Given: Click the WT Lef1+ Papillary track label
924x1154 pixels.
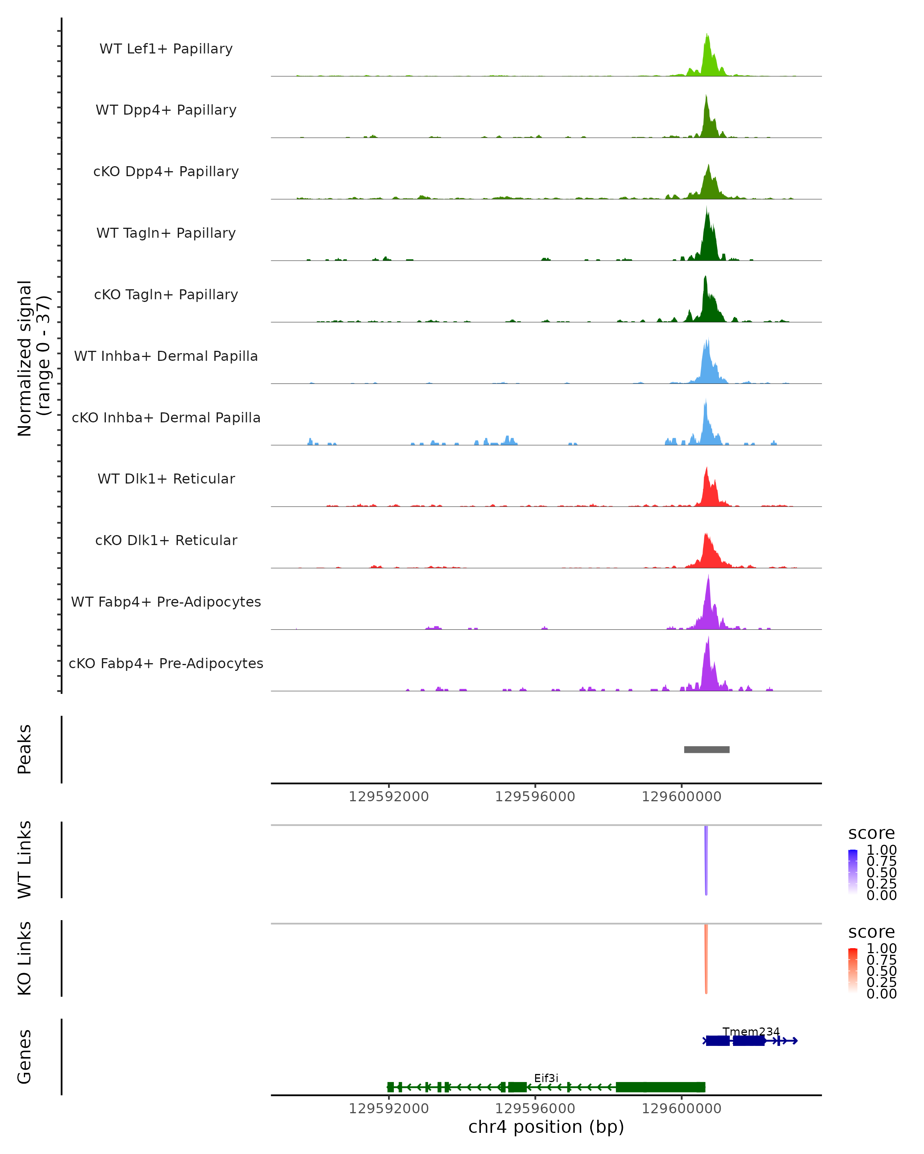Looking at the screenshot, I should click(166, 49).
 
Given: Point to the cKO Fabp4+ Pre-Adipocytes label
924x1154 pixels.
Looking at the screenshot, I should click(166, 664).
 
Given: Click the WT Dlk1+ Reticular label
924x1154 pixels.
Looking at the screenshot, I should click(166, 479).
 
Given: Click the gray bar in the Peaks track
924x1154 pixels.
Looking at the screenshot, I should click(706, 750).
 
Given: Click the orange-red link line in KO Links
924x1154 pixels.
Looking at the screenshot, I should click(706, 959).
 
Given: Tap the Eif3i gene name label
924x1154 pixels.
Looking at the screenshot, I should click(546, 1078).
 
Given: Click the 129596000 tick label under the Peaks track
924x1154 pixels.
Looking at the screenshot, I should click(535, 797).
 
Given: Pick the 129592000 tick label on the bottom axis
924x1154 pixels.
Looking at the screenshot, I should click(388, 1109).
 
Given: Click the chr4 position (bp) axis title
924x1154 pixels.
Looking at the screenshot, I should click(546, 1127).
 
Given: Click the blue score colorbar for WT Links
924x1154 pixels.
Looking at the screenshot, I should click(853, 871).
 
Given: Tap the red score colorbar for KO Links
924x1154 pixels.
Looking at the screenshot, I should click(853, 970).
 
